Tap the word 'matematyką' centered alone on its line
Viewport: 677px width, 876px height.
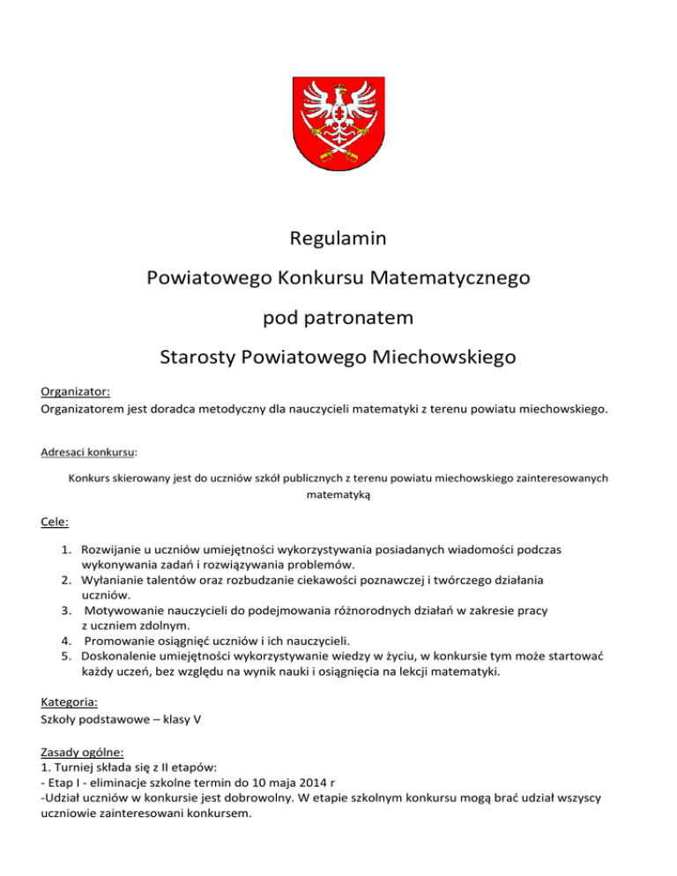tap(338, 496)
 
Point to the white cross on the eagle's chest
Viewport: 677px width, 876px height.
tap(338, 115)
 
